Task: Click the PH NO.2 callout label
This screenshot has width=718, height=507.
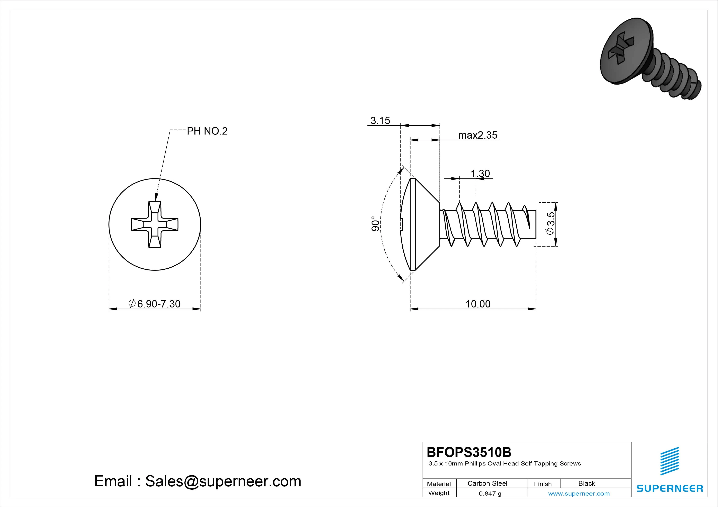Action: [207, 131]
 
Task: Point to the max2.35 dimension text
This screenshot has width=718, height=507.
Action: [478, 135]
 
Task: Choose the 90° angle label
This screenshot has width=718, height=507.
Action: [375, 224]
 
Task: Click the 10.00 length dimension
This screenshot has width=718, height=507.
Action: [478, 304]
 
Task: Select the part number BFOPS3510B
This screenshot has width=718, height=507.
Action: [469, 452]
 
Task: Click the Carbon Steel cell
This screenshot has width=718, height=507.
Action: [487, 483]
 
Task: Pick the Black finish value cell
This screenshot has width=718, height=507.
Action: [586, 483]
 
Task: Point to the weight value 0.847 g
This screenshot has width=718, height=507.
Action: [490, 494]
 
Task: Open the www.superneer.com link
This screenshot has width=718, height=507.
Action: [579, 494]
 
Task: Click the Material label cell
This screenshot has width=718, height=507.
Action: [439, 484]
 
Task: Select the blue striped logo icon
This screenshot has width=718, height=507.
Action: [669, 461]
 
